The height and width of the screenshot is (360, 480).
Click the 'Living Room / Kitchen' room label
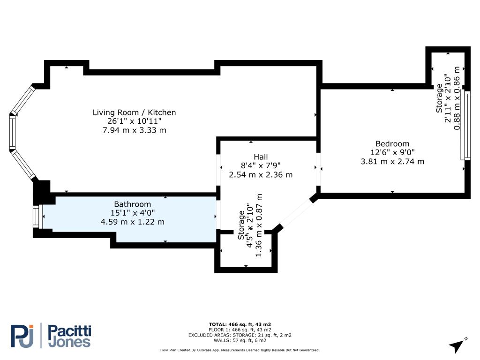click(x=135, y=112)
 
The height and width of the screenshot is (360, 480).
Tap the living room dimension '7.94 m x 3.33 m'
click(x=135, y=130)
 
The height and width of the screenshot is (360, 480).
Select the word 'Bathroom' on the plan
click(x=133, y=204)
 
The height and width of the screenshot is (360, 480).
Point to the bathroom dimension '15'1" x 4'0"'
click(x=133, y=213)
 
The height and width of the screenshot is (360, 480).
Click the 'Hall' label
click(x=261, y=157)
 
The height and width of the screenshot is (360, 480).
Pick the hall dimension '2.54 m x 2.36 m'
click(x=261, y=175)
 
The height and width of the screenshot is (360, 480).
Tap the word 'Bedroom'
click(x=392, y=143)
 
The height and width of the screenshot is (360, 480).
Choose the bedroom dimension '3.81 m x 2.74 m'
click(x=392, y=161)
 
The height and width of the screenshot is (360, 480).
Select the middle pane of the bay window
click(x=12, y=132)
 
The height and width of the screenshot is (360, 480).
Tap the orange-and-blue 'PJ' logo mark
click(x=22, y=336)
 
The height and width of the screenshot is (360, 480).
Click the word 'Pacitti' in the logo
click(x=70, y=331)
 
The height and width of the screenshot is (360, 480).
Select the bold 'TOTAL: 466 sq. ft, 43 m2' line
click(x=240, y=324)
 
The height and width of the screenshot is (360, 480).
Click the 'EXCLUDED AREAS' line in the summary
click(x=240, y=335)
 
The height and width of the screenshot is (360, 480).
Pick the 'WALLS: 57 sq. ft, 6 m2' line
click(x=240, y=340)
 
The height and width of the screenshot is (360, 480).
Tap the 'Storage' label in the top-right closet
click(x=439, y=98)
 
